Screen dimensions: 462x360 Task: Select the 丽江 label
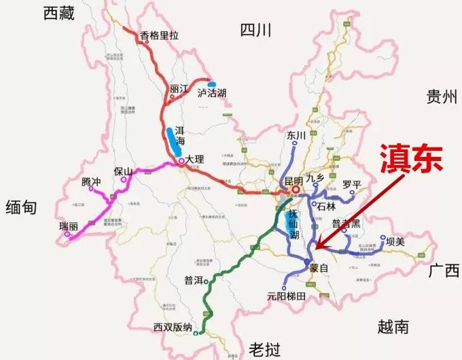[x=179, y=88]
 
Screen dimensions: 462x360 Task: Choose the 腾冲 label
[x=91, y=181]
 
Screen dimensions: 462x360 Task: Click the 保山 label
[x=123, y=172]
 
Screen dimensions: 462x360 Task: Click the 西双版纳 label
[x=173, y=327]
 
